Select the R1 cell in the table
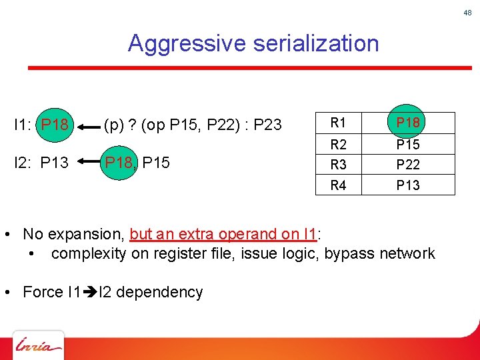[339, 123]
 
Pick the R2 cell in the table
[339, 145]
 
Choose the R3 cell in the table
[339, 165]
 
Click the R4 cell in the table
[339, 185]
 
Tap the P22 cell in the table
[408, 165]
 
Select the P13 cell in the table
[408, 185]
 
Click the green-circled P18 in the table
[408, 123]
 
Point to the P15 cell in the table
[408, 145]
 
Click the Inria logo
[39, 346]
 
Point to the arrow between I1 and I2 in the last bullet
[91, 292]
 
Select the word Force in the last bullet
[43, 292]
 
